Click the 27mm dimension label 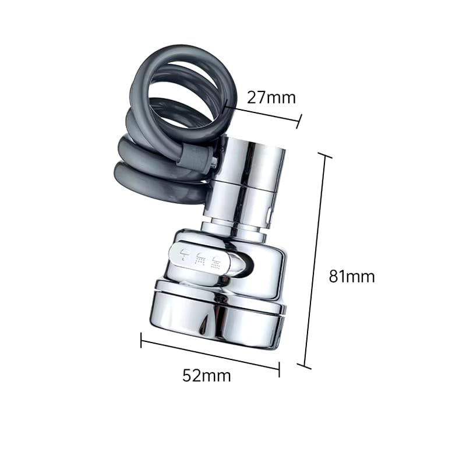coord(271,97)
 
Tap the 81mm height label coord(352,277)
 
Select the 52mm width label coord(207,376)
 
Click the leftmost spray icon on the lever coord(185,255)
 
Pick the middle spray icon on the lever coord(200,258)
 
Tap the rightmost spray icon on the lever coord(216,261)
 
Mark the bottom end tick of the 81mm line coord(305,366)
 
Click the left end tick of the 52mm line coord(141,340)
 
